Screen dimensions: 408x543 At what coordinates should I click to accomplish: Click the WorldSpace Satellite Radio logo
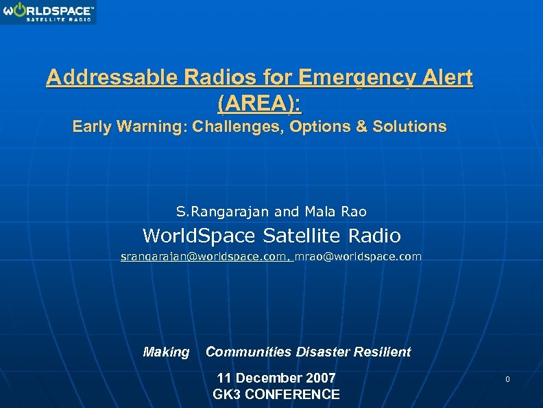point(48,12)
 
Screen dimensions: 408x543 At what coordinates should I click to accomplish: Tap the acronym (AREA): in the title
point(259,104)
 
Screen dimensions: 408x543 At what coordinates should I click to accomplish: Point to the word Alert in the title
point(444,78)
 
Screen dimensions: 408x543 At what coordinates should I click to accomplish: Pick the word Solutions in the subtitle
point(409,127)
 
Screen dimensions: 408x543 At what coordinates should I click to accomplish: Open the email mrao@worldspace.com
point(358,256)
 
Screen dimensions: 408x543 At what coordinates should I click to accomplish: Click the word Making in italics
point(166,352)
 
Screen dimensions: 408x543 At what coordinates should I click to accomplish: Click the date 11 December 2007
point(276,378)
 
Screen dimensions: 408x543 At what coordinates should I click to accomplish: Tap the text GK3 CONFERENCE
point(276,394)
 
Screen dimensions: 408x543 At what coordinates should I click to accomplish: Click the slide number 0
point(508,380)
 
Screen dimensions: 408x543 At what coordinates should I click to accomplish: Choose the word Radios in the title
point(208,78)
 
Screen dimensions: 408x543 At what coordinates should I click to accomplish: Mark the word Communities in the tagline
point(249,352)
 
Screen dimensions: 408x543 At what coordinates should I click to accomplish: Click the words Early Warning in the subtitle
point(129,127)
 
